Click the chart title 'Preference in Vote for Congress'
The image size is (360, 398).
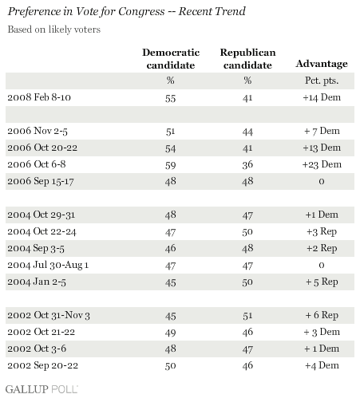pos(86,12)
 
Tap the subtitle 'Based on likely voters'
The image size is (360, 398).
pos(54,30)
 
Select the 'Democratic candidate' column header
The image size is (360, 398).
pos(171,59)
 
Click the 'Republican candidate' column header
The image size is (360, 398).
pos(247,59)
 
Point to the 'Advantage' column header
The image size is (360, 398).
pos(322,64)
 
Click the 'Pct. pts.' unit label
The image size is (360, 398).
pos(322,81)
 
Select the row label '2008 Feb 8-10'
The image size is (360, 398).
pos(39,97)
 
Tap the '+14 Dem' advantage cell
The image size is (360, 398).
pos(322,97)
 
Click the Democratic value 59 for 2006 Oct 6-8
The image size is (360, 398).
pos(170,165)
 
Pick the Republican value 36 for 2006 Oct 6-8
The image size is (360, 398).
pos(247,164)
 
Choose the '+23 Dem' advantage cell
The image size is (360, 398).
pos(322,164)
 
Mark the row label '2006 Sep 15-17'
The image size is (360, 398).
pos(41,181)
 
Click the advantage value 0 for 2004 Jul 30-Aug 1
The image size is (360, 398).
pos(322,265)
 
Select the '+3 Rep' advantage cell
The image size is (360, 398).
pos(322,231)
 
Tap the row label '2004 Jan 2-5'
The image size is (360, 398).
pos(37,282)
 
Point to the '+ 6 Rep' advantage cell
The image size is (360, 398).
pos(322,315)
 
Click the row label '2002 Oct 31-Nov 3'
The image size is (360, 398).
pos(49,315)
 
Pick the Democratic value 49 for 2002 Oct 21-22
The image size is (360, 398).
pos(170,333)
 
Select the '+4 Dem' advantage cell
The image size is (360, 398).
pos(322,365)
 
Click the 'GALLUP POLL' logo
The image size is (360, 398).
pos(42,389)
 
